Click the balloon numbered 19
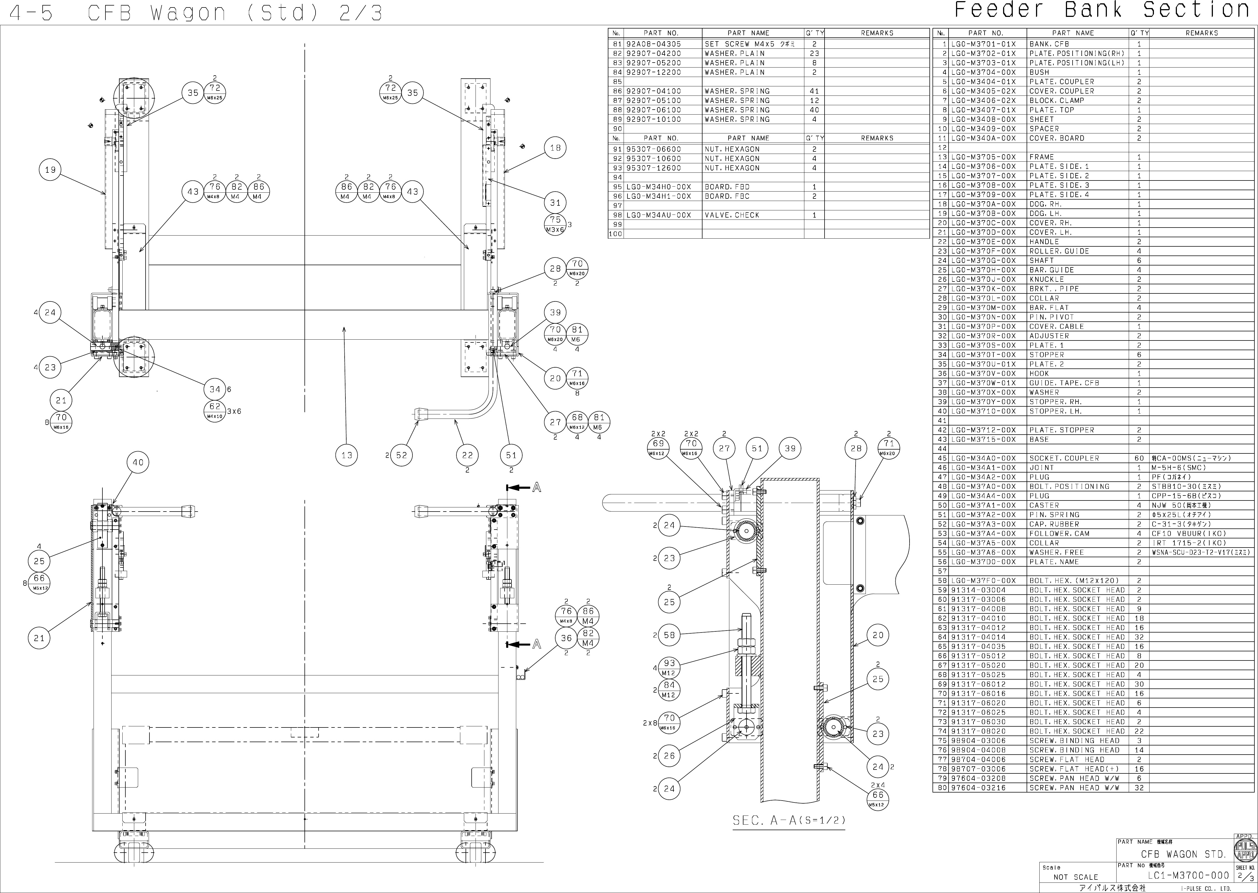50,170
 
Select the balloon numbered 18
555,148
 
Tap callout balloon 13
346,455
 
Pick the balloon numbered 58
669,635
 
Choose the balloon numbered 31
555,203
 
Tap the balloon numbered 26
669,756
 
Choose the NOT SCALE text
1075,877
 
